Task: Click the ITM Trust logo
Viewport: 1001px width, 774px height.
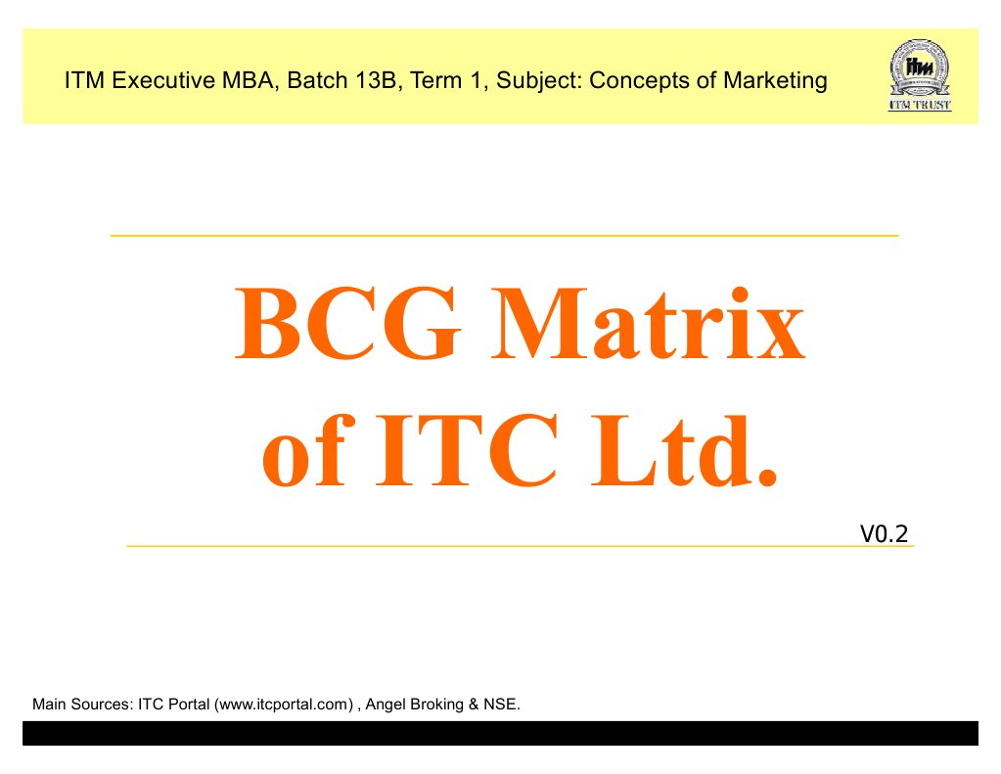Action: click(x=917, y=75)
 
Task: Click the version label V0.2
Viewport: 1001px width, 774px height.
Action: click(x=885, y=533)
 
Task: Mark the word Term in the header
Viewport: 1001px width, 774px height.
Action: click(x=435, y=80)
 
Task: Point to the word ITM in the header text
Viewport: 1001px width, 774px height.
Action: click(x=84, y=80)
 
